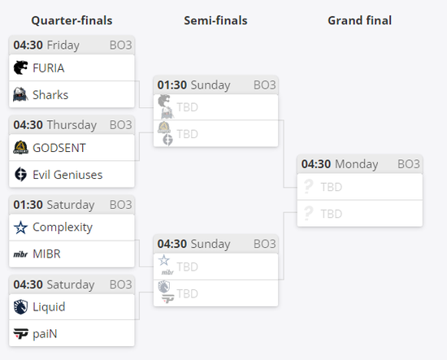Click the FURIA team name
pyautogui.click(x=49, y=68)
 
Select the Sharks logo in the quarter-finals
pyautogui.click(x=20, y=94)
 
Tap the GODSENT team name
pyautogui.click(x=59, y=148)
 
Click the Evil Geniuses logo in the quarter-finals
pyautogui.click(x=20, y=175)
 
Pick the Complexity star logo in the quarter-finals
pyautogui.click(x=20, y=228)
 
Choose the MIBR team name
pyautogui.click(x=46, y=254)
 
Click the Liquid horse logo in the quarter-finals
pyautogui.click(x=20, y=307)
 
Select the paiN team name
pyautogui.click(x=45, y=334)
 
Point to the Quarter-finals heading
pyautogui.click(x=72, y=20)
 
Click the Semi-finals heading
pyautogui.click(x=215, y=20)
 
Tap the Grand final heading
pyautogui.click(x=360, y=20)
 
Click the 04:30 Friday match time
pyautogui.click(x=46, y=46)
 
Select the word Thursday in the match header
pyautogui.click(x=72, y=125)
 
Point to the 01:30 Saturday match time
pyautogui.click(x=54, y=205)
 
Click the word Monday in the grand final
pyautogui.click(x=357, y=164)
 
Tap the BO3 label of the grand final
pyautogui.click(x=409, y=164)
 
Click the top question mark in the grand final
pyautogui.click(x=308, y=186)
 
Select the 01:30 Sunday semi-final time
pyautogui.click(x=194, y=85)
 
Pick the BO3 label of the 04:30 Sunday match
pyautogui.click(x=265, y=244)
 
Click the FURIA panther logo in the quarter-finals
pyautogui.click(x=20, y=67)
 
